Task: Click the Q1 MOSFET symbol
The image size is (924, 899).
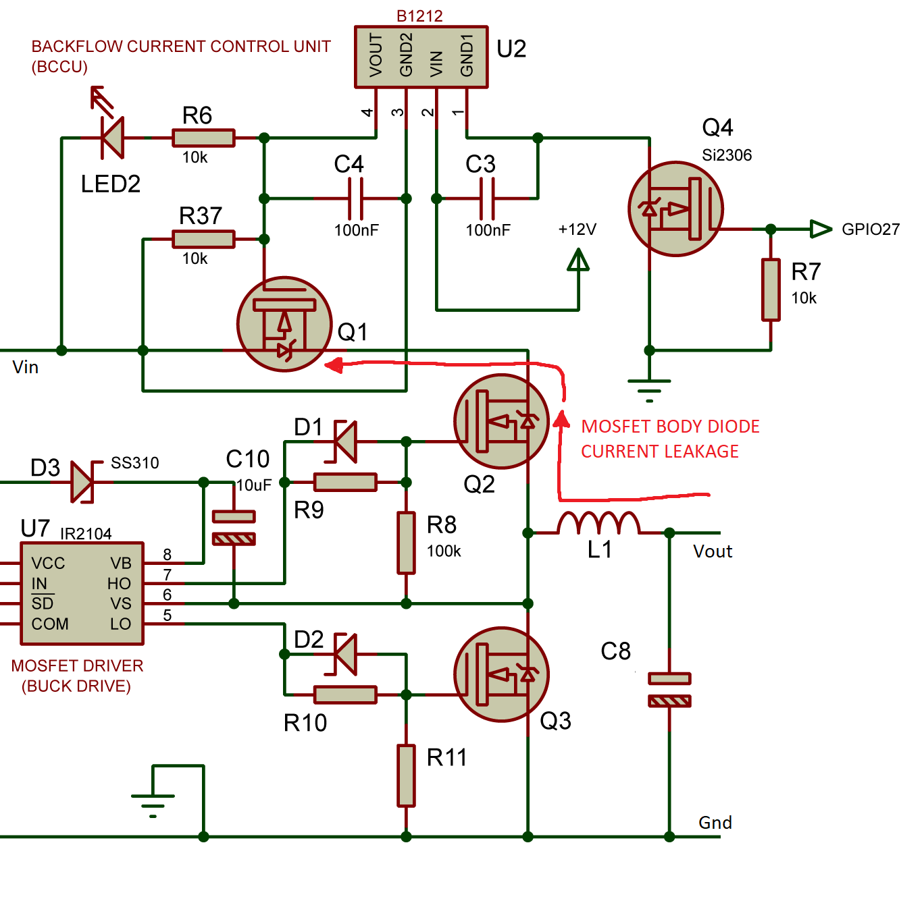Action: point(284,324)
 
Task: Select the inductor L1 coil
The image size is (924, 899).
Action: point(599,524)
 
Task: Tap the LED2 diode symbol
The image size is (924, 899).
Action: point(112,138)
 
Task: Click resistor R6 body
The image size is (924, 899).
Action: point(203,138)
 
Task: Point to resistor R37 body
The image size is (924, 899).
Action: point(203,239)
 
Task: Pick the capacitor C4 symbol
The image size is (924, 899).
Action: point(357,198)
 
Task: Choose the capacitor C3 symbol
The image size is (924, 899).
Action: point(488,198)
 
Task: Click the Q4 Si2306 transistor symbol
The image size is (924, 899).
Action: point(675,209)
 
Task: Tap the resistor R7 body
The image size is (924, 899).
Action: point(771,290)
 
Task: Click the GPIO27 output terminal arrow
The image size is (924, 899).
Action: point(821,229)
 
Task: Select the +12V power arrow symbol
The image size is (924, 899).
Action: point(578,261)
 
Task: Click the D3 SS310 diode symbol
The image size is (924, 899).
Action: point(82,482)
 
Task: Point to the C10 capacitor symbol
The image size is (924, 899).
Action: point(234,527)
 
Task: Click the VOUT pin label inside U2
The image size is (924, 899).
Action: point(376,55)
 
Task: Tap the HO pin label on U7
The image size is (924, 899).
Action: point(119,583)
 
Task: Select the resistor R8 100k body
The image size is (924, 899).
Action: point(406,543)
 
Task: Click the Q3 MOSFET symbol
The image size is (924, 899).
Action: point(501,674)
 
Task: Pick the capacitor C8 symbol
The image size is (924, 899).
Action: point(669,689)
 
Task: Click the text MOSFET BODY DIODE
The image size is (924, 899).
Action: point(670,427)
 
